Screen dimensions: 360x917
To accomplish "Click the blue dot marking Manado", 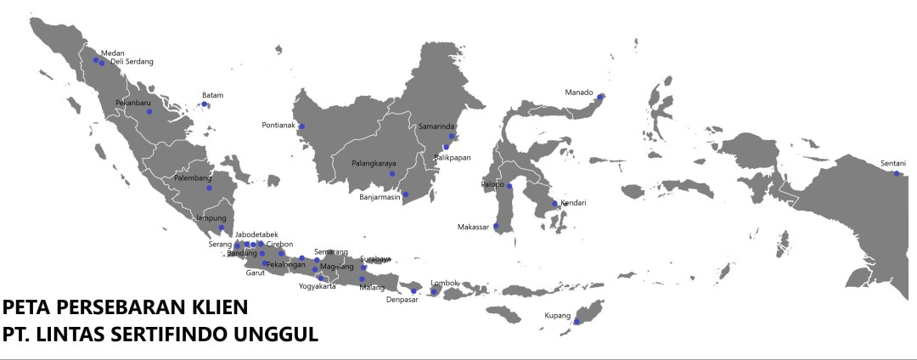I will click(x=599, y=97).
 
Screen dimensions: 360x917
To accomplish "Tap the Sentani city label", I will click(x=892, y=163).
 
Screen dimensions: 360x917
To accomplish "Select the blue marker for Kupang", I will click(x=577, y=322).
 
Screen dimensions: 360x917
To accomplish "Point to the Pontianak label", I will click(x=278, y=126).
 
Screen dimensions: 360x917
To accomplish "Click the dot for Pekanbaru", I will click(x=149, y=111).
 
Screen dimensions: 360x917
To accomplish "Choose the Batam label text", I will click(x=212, y=95).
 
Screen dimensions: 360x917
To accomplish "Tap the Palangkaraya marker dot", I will click(x=392, y=174).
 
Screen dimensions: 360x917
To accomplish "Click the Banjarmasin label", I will click(x=380, y=197).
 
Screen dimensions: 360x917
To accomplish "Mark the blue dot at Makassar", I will click(x=496, y=226).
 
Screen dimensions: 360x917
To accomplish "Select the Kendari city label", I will click(x=573, y=203).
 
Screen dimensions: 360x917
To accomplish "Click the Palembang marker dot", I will click(x=209, y=188).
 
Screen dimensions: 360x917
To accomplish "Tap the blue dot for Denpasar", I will click(x=413, y=291).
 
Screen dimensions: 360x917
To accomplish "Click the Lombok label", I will click(x=445, y=283).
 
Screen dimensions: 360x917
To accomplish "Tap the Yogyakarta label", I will click(x=318, y=286).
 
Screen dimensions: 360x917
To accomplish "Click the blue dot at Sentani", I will click(x=897, y=173).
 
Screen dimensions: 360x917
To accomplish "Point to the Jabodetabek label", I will click(x=256, y=234).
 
